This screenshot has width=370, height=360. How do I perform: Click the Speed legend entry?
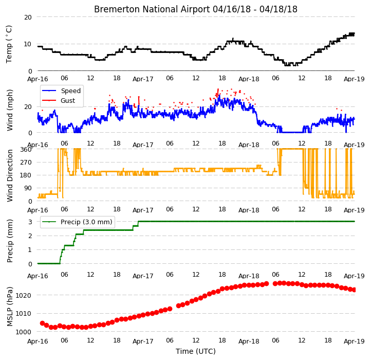pyautogui.click(x=71, y=91)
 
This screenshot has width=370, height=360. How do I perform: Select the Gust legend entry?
pyautogui.click(x=68, y=101)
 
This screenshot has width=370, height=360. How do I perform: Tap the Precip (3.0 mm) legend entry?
pyautogui.click(x=86, y=222)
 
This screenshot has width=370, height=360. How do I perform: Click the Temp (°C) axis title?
pyautogui.click(x=9, y=44)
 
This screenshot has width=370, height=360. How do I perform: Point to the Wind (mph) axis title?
pyautogui.click(x=10, y=110)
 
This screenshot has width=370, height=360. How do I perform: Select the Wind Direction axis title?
pyautogui.click(x=10, y=175)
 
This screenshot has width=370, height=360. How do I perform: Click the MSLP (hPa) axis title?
pyautogui.click(x=10, y=307)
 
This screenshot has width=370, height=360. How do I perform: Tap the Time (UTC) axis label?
pyautogui.click(x=196, y=351)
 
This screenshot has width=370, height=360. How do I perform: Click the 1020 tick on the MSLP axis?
pyautogui.click(x=24, y=295)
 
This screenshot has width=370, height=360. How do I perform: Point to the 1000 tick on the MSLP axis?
pyautogui.click(x=24, y=332)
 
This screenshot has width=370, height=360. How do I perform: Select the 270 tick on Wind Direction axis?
pyautogui.click(x=26, y=163)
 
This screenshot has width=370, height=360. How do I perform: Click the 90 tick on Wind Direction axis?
pyautogui.click(x=28, y=188)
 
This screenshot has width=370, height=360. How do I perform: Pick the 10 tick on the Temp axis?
pyautogui.click(x=28, y=44)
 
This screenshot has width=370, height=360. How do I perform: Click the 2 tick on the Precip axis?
pyautogui.click(x=30, y=236)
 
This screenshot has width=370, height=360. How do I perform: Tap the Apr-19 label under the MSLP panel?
pyautogui.click(x=354, y=341)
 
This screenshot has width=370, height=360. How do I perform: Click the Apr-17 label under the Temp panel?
pyautogui.click(x=143, y=79)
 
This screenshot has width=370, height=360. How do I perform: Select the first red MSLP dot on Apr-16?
pyautogui.click(x=42, y=323)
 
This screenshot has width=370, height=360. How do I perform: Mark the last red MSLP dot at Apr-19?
pyautogui.click(x=354, y=290)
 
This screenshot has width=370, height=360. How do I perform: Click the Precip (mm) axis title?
pyautogui.click(x=10, y=241)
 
